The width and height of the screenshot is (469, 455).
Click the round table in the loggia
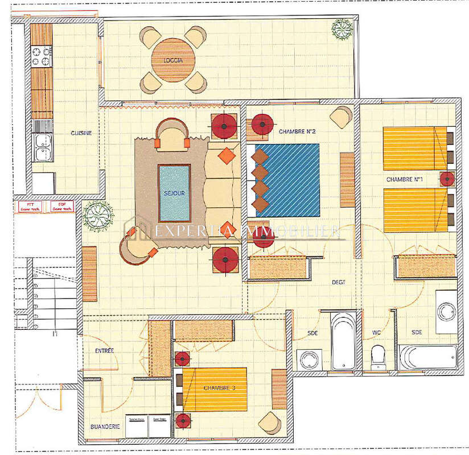click(173, 60)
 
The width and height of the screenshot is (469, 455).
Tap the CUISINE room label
click(81, 133)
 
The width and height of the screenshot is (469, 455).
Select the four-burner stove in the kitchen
click(41, 56)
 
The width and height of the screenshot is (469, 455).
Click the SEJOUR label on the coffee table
click(174, 193)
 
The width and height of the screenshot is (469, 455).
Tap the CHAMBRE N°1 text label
click(404, 180)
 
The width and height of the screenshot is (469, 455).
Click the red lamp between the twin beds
click(447, 179)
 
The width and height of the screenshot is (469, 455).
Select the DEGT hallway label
click(339, 282)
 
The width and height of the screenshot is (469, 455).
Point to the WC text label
click(376, 332)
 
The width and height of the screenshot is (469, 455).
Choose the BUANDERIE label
click(105, 426)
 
